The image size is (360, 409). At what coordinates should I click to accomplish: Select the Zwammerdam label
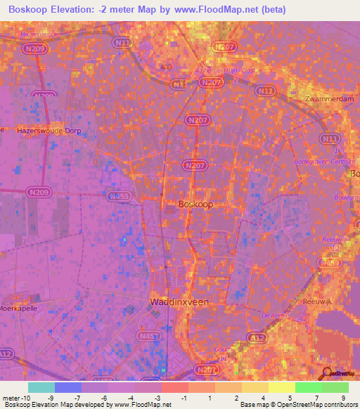[327, 99]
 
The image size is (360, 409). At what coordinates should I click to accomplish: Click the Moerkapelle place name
[15, 309]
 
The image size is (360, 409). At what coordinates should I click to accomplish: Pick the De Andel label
[274, 315]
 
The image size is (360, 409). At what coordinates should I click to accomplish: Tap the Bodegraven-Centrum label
[326, 162]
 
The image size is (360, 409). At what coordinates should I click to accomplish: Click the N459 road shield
[330, 262]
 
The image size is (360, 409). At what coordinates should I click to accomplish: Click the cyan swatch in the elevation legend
[41, 387]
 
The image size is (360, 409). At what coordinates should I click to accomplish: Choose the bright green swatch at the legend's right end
[335, 387]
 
